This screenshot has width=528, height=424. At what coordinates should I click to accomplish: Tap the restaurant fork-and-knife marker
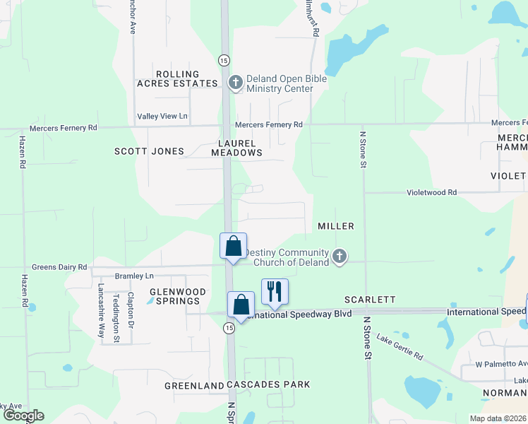[275, 291]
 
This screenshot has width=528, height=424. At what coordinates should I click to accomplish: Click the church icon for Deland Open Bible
[235, 83]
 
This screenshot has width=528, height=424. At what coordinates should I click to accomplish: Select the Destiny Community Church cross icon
[340, 257]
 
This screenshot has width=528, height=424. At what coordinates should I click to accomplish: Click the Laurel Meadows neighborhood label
[236, 148]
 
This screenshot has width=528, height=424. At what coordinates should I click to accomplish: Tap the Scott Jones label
[149, 151]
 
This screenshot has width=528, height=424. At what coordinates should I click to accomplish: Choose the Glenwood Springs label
[177, 296]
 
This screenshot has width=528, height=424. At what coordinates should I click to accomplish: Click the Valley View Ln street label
[162, 116]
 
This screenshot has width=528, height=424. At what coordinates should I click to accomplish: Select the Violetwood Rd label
[432, 192]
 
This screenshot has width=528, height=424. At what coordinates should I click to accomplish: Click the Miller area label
[335, 225]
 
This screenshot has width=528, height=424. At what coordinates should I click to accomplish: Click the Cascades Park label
[268, 385]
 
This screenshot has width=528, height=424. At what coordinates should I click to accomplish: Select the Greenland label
[194, 386]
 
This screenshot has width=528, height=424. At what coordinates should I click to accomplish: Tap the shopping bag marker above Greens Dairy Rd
[234, 247]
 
